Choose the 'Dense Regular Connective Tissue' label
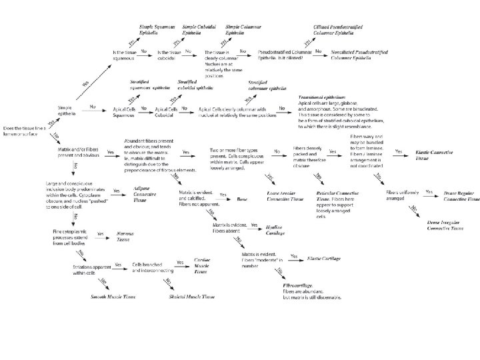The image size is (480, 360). pos(461,195)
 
